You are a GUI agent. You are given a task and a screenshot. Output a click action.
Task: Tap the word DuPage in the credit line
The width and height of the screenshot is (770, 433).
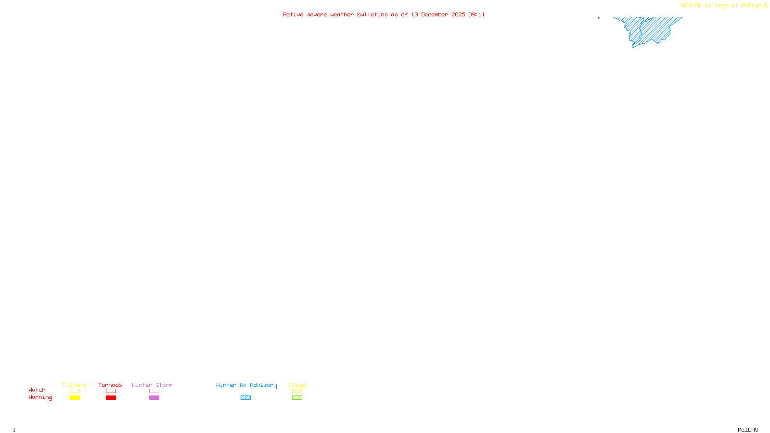tap(752, 6)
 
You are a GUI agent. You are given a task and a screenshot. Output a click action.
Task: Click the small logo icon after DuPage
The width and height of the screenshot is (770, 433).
tap(766, 5)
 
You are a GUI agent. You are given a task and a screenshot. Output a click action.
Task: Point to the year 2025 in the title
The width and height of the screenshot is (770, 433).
tap(458, 14)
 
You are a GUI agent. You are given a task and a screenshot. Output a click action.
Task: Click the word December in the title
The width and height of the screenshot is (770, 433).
tap(435, 14)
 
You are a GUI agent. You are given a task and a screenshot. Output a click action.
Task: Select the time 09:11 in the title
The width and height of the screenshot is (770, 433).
tap(477, 14)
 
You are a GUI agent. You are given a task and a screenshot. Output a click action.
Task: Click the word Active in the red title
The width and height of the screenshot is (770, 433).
tap(293, 14)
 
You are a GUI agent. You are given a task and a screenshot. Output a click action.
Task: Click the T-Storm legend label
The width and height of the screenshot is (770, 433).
tap(74, 385)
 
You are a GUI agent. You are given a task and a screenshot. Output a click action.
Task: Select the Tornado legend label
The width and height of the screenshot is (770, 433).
tap(110, 385)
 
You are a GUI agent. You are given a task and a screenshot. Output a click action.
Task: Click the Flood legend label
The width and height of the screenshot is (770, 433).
tap(297, 385)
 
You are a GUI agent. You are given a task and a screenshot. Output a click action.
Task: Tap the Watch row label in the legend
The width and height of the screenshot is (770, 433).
tap(37, 390)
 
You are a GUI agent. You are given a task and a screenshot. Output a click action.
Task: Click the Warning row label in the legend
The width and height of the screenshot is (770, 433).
tap(40, 397)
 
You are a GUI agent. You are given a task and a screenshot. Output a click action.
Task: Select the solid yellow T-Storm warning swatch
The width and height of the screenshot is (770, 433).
tap(75, 398)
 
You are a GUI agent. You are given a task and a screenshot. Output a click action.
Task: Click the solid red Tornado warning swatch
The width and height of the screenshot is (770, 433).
tap(111, 398)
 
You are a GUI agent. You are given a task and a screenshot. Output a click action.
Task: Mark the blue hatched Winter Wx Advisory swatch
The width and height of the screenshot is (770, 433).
tap(245, 398)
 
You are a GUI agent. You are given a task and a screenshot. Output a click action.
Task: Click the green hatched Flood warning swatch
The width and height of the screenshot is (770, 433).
tap(297, 398)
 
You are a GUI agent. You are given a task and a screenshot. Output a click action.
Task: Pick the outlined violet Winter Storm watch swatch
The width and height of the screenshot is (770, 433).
tap(154, 391)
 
